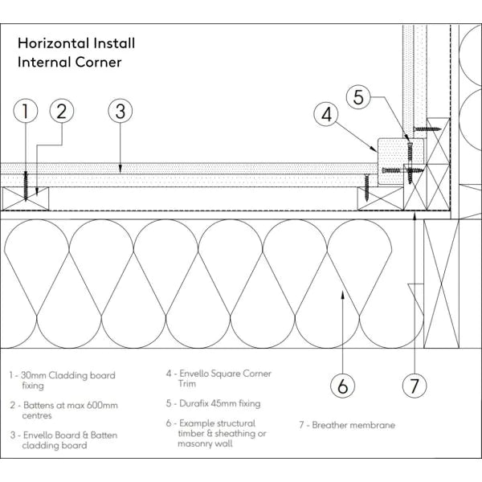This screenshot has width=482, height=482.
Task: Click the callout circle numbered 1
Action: [27, 112]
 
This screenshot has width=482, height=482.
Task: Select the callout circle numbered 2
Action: [62, 112]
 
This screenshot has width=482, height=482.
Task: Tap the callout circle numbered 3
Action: [120, 112]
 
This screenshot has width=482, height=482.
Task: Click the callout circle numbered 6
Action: [343, 385]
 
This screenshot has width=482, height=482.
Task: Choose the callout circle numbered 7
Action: [414, 385]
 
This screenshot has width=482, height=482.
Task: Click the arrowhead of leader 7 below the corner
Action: [414, 214]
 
